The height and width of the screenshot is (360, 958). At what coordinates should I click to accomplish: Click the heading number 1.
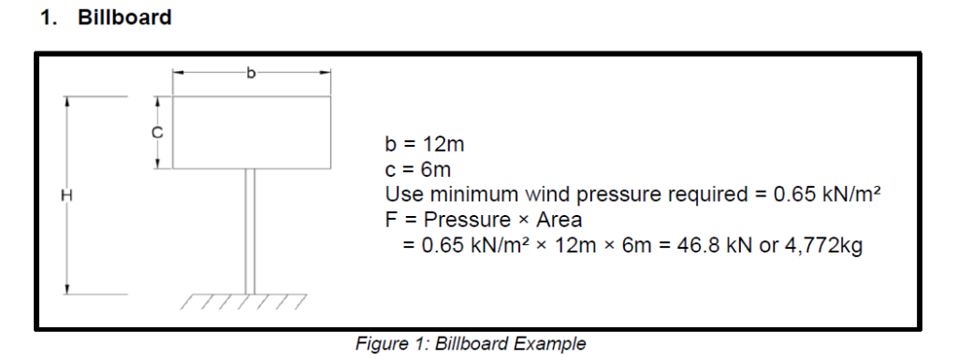click(47, 18)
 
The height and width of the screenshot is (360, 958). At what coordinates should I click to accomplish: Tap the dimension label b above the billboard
click(250, 71)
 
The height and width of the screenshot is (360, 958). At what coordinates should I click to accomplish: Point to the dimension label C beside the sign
click(158, 132)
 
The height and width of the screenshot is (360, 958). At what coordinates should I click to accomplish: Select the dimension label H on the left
click(66, 195)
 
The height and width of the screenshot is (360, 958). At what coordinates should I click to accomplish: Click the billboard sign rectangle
click(251, 132)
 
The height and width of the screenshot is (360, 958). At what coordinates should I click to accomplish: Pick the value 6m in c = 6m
click(435, 171)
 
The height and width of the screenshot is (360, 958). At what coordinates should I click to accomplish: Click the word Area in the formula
click(559, 221)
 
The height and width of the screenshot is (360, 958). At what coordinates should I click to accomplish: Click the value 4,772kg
click(823, 246)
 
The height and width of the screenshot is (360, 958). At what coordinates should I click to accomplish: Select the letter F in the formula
click(391, 221)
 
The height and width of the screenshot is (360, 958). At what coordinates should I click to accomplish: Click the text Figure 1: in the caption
click(391, 343)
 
